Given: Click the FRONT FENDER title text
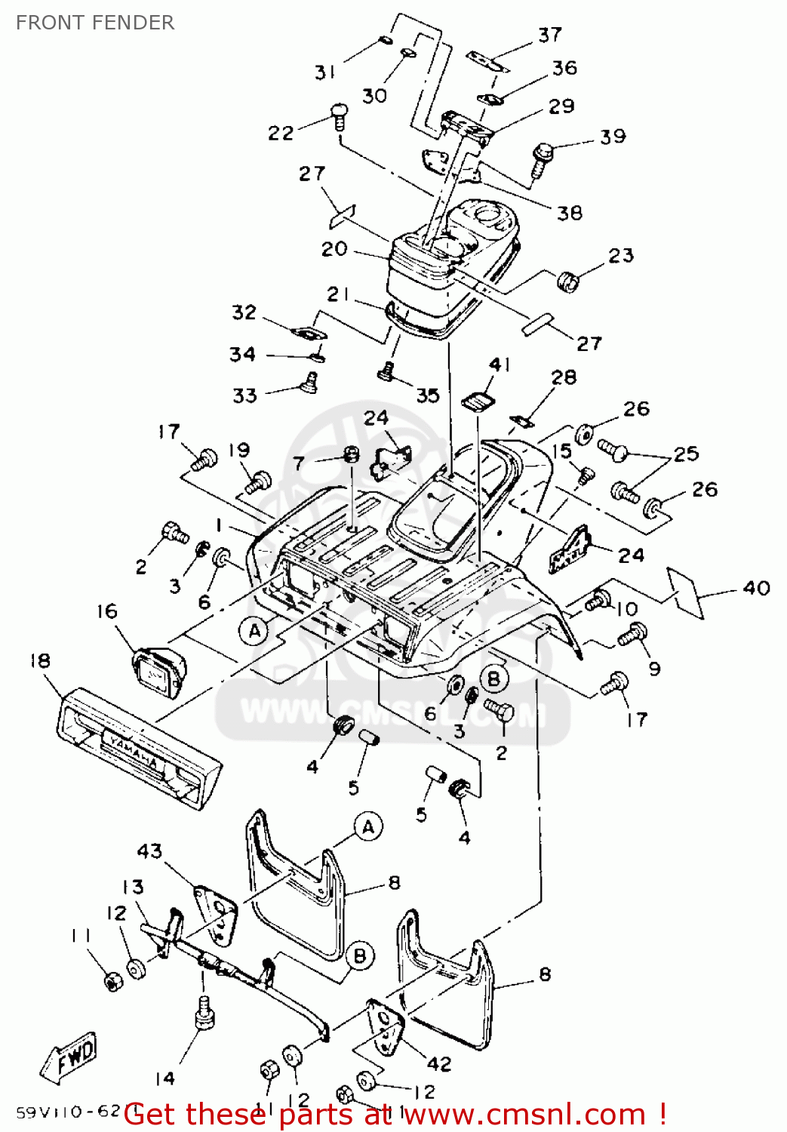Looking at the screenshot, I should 95,23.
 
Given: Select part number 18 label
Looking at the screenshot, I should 40,661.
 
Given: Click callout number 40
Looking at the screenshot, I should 756,588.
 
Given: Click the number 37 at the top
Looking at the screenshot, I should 550,35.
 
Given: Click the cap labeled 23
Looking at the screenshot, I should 570,281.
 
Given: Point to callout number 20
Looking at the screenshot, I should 334,249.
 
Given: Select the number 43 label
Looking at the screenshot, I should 149,851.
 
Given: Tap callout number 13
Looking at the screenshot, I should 133,887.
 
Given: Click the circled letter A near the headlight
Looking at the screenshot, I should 254,631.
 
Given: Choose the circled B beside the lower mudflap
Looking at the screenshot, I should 360,956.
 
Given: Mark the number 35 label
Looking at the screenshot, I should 427,395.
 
